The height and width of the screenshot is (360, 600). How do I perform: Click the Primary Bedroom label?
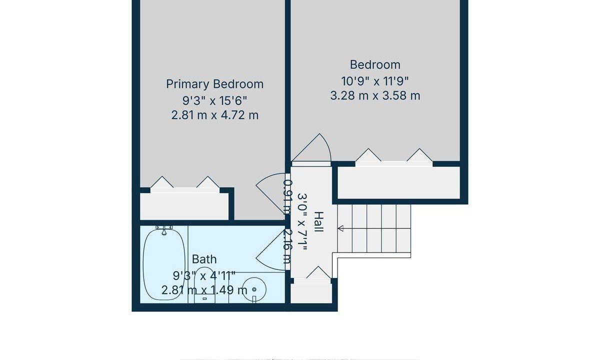coord(215,84)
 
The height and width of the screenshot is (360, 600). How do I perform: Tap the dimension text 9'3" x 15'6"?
coord(214,101)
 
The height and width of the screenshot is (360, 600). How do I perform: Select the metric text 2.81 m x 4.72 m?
coord(215,115)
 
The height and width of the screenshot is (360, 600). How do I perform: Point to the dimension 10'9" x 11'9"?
coord(375,81)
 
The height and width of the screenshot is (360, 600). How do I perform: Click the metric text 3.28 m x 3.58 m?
coord(375,95)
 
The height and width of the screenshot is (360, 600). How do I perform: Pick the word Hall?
coord(319,222)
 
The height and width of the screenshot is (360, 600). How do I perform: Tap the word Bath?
coord(204,259)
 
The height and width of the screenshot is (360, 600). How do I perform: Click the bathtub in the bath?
coord(164,264)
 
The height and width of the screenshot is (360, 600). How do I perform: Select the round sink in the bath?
coord(253,289)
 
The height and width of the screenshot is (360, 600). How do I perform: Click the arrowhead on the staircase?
coord(340,228)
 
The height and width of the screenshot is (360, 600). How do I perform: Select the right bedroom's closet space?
coord(398,182)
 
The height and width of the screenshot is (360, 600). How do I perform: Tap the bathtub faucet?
coord(164,230)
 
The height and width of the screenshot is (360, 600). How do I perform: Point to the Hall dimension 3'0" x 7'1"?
coord(302,222)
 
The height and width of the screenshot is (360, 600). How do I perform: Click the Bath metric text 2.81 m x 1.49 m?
coord(204,290)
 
